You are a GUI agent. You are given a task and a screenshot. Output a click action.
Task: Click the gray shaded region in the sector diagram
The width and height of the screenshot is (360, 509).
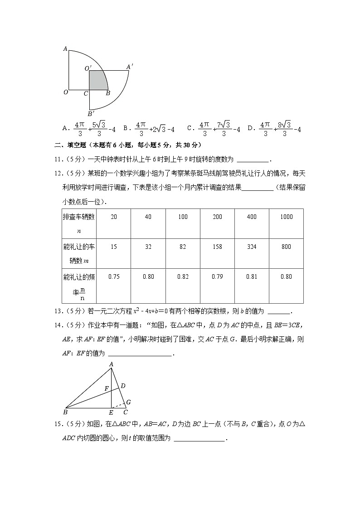point(97,80)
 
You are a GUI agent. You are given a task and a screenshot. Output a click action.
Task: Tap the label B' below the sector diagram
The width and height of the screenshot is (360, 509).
point(91,114)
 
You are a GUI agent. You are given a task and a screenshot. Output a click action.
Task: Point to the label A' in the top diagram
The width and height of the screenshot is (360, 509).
point(129,67)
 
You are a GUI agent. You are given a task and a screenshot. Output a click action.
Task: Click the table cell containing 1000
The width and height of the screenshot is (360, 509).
point(286,217)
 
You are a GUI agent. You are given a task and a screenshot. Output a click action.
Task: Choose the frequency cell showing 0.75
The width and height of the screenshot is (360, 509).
point(114,277)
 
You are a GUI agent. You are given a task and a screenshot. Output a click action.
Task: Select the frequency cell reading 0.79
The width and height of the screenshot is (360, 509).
point(217,277)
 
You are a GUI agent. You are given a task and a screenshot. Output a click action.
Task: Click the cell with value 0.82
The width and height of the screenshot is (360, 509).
point(183,277)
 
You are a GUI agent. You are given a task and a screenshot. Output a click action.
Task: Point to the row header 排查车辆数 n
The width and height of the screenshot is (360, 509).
point(79,223)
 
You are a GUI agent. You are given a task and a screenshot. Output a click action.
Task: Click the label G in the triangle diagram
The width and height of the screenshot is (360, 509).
point(128,402)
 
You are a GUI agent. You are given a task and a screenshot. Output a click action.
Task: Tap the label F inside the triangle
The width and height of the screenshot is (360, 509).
point(107,388)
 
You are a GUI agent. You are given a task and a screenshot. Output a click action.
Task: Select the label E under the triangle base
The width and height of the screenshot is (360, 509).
point(111,412)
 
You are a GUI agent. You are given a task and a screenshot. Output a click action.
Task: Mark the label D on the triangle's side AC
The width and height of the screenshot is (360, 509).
point(123,386)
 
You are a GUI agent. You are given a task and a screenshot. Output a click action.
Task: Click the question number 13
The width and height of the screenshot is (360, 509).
point(58,311)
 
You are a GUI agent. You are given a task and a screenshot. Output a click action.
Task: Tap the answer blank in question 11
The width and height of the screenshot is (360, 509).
point(253,160)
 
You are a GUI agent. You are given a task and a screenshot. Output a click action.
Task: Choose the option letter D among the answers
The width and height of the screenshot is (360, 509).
point(250,129)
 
